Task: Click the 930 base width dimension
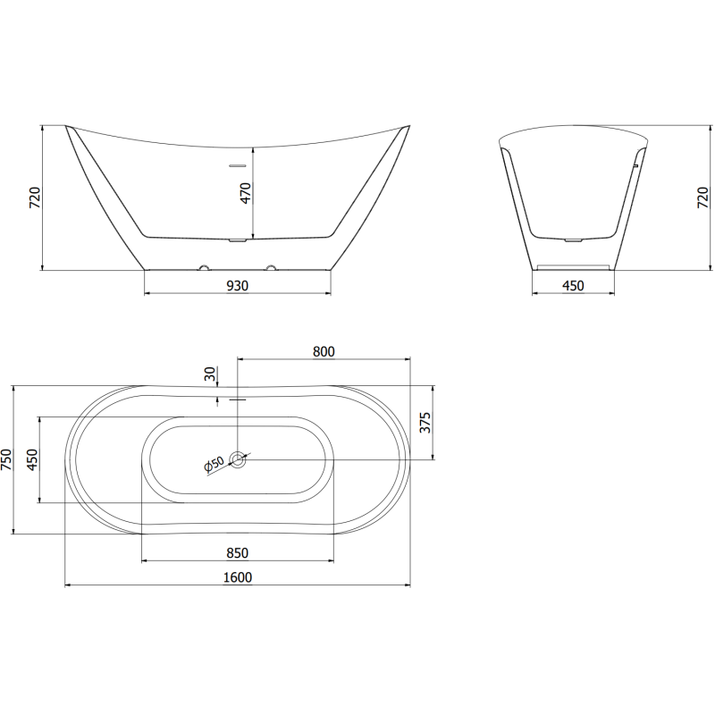(237, 286)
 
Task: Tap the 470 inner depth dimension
(245, 192)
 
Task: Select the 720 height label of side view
(35, 198)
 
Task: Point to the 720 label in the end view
(702, 198)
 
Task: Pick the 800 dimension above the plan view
(324, 352)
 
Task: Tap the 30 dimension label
(209, 374)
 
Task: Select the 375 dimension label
(425, 422)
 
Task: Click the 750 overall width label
(7, 459)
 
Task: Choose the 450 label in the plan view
(31, 459)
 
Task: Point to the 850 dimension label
(237, 553)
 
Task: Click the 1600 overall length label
(238, 577)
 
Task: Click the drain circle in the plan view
(238, 459)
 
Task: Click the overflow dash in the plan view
(238, 400)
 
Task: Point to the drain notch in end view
(573, 239)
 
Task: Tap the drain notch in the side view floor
(238, 240)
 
